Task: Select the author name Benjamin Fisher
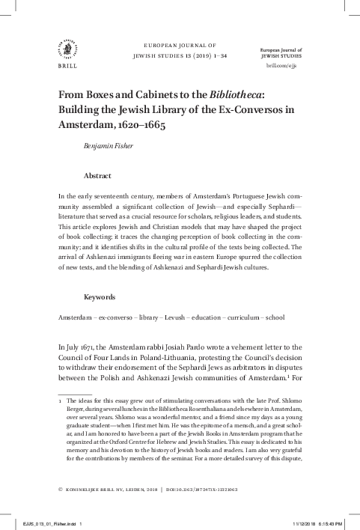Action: pyautogui.click(x=110, y=147)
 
